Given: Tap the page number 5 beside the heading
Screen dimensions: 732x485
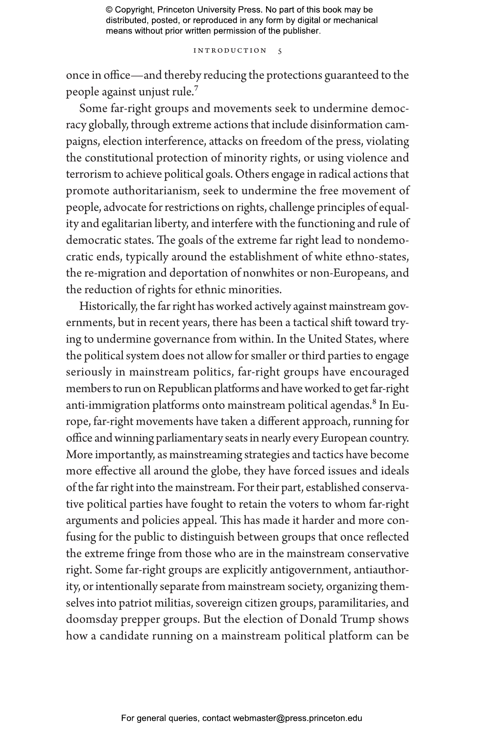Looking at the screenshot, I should tap(280, 51).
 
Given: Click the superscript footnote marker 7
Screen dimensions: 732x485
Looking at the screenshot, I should tap(196, 88).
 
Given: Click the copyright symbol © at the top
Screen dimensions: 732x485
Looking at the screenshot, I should tap(109, 10).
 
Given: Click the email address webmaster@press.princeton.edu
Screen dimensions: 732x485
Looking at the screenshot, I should tap(297, 718).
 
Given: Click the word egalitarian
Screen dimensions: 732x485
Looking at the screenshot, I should tap(126, 224).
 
